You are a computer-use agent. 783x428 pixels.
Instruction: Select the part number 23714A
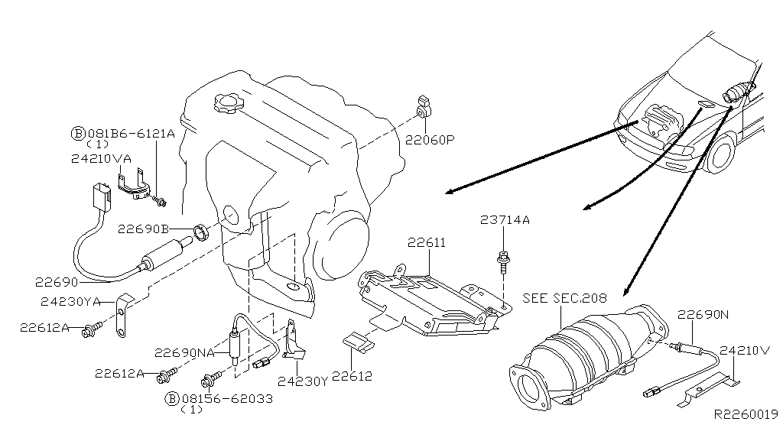pyautogui.click(x=505, y=220)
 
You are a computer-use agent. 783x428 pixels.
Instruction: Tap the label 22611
pyautogui.click(x=426, y=243)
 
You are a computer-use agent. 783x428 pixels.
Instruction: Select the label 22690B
pyautogui.click(x=143, y=229)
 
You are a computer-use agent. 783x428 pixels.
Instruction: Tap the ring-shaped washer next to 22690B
pyautogui.click(x=202, y=230)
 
